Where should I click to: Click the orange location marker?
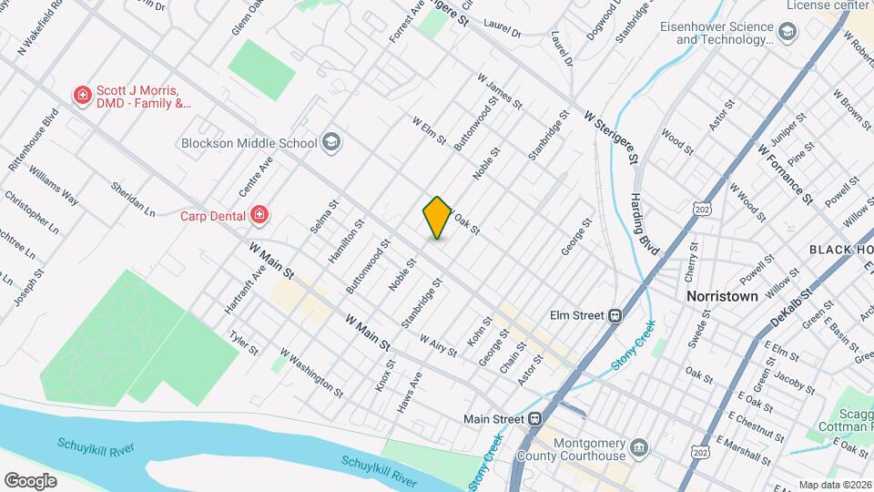pyautogui.click(x=438, y=218)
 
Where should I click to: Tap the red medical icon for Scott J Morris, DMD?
pyautogui.click(x=82, y=95)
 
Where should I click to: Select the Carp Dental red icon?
pyautogui.click(x=260, y=216)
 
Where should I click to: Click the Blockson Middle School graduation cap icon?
pyautogui.click(x=331, y=142)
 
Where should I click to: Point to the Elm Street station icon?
pyautogui.click(x=616, y=315)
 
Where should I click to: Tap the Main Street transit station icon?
pyautogui.click(x=536, y=419)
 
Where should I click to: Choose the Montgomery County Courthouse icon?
pyautogui.click(x=640, y=447)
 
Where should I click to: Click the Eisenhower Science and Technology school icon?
pyautogui.click(x=788, y=34)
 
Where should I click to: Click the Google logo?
pyautogui.click(x=30, y=480)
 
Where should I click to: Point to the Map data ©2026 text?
pyautogui.click(x=833, y=484)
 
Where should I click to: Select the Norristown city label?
pyautogui.click(x=722, y=297)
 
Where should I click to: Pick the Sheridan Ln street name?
pyautogui.click(x=133, y=200)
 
